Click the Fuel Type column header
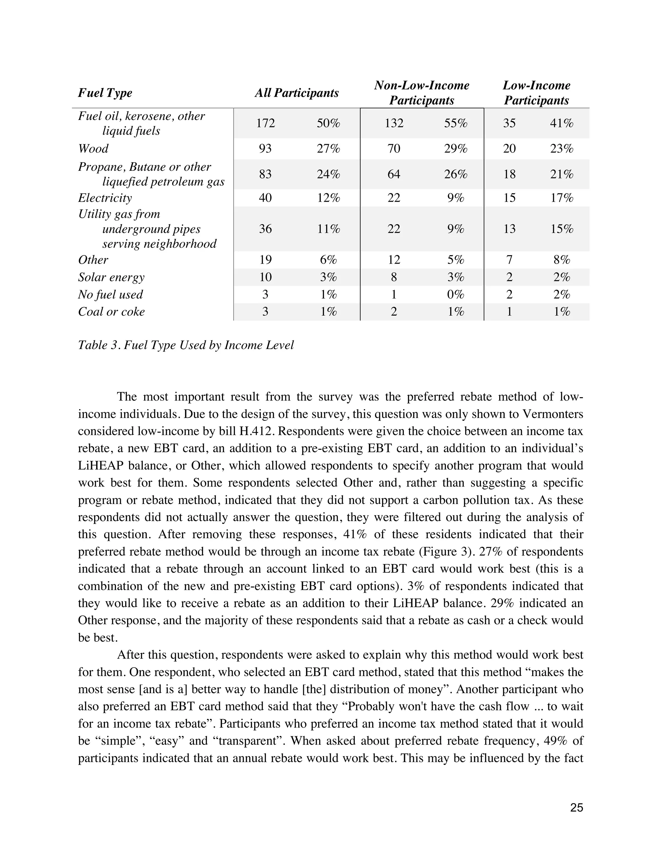pos(105,93)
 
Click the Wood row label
pos(93,149)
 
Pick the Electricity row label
pos(105,198)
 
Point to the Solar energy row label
pos(111,277)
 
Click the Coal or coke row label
pos(111,312)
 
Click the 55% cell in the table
pos(455,123)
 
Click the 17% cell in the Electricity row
pos(562,198)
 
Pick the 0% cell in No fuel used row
pos(455,294)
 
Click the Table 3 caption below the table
pos(186,345)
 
